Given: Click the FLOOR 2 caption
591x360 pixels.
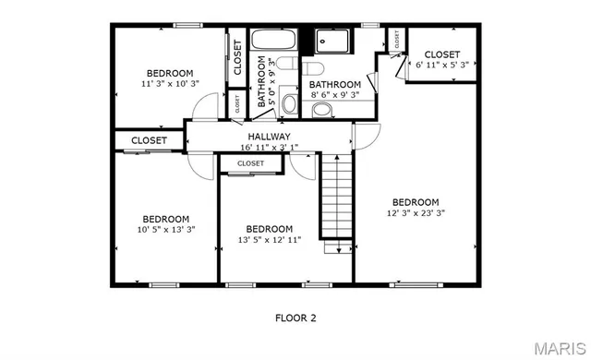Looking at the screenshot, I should click(295, 318).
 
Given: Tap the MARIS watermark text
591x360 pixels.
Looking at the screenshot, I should click(559, 349).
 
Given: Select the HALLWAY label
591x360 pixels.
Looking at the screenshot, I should click(269, 137).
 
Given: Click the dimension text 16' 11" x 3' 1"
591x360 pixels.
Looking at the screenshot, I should click(269, 147).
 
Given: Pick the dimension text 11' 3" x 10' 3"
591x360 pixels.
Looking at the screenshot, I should click(169, 84).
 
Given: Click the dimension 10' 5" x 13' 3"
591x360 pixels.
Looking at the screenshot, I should click(165, 229).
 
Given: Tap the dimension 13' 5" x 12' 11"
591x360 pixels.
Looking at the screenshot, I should click(269, 240).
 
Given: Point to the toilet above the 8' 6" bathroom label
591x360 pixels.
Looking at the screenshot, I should click(310, 70).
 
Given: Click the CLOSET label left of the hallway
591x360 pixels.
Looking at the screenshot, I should click(149, 140).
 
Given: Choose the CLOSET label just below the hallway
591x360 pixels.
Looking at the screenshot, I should click(250, 163).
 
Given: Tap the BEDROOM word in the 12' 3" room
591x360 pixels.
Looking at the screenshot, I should click(415, 202).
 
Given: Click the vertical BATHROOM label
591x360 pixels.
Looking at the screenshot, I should click(262, 84).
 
